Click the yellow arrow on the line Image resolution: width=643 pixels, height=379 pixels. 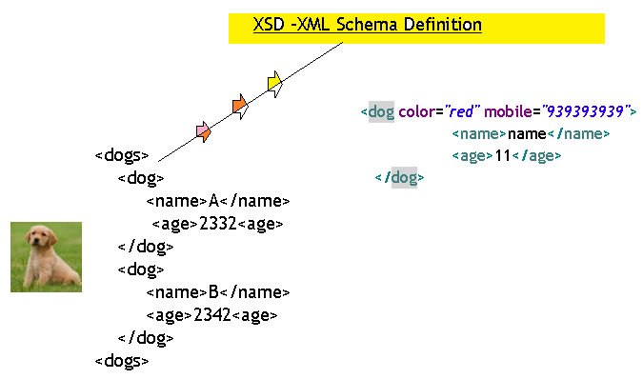(x=274, y=84)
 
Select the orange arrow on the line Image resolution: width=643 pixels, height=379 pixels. (x=240, y=107)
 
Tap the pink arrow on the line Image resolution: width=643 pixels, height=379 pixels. (x=203, y=131)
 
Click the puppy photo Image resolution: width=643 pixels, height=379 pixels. (x=46, y=256)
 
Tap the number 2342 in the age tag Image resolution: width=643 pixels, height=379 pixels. (x=212, y=315)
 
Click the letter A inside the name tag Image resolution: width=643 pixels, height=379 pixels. (x=213, y=201)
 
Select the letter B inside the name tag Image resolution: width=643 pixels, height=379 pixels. (x=213, y=292)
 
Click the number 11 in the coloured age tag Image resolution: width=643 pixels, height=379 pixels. (x=502, y=156)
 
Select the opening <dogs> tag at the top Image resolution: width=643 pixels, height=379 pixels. (x=122, y=155)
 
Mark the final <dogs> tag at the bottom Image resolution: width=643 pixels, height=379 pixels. (x=122, y=361)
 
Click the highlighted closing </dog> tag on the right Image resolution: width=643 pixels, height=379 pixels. (x=401, y=177)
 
